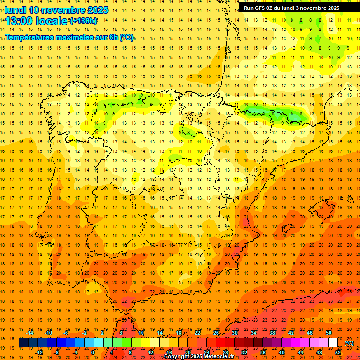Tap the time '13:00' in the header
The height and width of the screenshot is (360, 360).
pos(19,21)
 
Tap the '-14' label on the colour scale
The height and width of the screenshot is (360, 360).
pos(30,333)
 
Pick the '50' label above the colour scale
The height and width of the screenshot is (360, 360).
pos(329,333)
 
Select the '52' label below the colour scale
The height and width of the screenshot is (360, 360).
pos(338,352)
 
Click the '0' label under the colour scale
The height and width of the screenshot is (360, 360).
pos(93,352)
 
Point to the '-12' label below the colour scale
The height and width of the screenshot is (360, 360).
pos(39,352)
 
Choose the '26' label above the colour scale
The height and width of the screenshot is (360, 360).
pos(216,333)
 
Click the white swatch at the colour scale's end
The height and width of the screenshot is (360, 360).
pos(333,343)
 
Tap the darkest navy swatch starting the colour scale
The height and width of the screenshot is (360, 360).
pos(23,343)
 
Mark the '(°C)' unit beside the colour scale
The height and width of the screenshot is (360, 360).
pos(349,343)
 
